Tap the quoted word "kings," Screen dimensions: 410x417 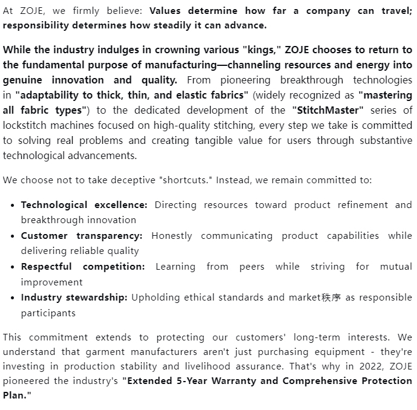coord(260,50)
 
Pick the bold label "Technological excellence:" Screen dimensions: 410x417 coord(84,204)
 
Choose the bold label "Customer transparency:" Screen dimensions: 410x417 coord(82,235)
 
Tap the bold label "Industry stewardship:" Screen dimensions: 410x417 coord(74,298)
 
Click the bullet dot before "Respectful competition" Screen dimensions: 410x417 coord(13,267)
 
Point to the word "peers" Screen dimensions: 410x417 coord(251,266)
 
